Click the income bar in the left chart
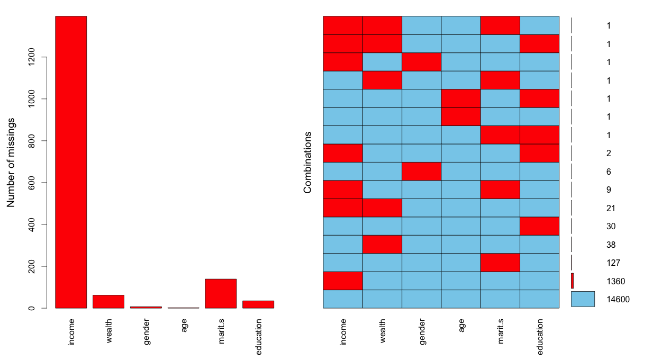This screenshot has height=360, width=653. tap(71, 162)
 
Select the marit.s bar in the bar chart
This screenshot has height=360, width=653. tap(221, 293)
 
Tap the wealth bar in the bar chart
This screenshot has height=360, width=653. tap(108, 302)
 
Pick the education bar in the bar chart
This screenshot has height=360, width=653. tap(258, 304)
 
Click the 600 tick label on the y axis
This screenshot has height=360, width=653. tap(33, 183)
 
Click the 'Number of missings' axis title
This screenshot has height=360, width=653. tap(11, 162)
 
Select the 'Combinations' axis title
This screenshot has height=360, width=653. tap(307, 162)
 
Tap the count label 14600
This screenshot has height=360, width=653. tap(618, 299)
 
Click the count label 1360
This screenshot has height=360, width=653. tap(615, 281)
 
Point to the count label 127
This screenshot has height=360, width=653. tap(613, 263)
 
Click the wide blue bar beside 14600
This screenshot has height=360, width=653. tap(583, 299)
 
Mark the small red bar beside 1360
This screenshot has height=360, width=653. tap(572, 281)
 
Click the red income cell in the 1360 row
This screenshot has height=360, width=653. tap(343, 281)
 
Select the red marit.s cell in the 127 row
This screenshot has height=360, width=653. tap(500, 263)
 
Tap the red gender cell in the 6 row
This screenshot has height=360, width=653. tap(421, 172)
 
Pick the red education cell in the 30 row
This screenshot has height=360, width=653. tap(539, 226)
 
